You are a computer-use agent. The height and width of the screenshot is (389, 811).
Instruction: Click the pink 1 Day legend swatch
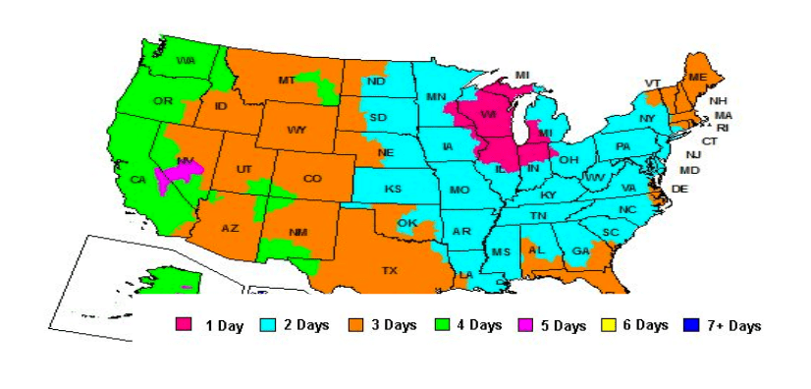tap(184, 325)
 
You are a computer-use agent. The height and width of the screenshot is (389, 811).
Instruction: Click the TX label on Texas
tap(389, 269)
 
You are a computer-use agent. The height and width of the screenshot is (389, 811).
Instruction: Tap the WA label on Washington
tap(186, 61)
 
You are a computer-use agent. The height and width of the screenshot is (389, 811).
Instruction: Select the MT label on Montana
tap(287, 80)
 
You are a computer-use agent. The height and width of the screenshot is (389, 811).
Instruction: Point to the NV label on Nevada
tap(185, 161)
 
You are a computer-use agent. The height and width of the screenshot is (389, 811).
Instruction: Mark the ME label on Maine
tap(697, 77)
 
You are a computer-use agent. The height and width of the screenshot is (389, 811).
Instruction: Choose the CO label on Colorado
tap(312, 178)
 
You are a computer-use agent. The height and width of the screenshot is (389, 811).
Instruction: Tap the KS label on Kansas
tap(393, 189)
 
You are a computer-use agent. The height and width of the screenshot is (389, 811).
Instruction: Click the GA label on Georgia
tap(581, 251)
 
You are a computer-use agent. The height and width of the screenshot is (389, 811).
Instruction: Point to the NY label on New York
tap(646, 119)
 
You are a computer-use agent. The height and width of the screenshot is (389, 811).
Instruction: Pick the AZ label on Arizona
tap(230, 228)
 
